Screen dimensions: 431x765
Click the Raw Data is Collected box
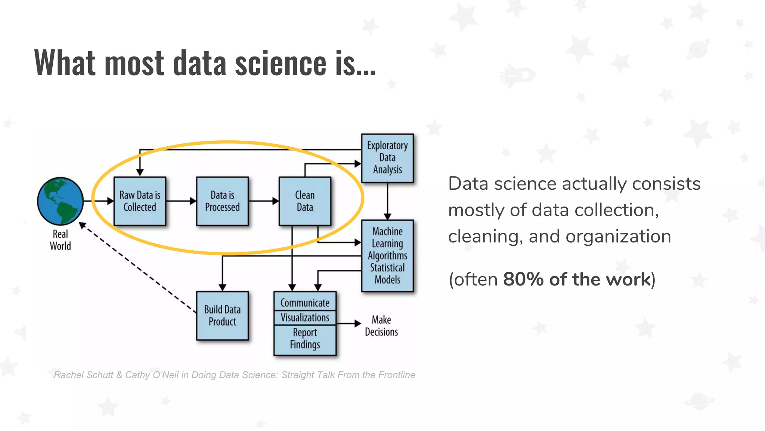coord(140,201)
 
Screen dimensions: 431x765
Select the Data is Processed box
coord(222,201)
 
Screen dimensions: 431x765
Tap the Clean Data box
coord(305,201)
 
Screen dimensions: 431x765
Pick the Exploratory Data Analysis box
coord(387,158)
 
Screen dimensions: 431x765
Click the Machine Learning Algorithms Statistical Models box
coord(387,256)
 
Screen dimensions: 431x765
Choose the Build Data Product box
coord(222,315)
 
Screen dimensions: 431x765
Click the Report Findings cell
coord(305,339)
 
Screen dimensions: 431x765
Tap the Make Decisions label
coord(381,326)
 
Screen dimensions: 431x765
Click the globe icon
coord(60,201)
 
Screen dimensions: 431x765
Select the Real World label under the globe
coord(60,240)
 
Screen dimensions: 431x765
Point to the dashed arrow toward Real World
coord(138,268)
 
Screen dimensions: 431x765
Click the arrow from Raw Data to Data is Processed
coord(181,201)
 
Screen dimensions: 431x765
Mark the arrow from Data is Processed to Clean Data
coord(263,201)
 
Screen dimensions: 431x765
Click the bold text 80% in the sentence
coord(523,279)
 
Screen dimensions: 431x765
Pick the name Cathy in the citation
coord(137,375)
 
